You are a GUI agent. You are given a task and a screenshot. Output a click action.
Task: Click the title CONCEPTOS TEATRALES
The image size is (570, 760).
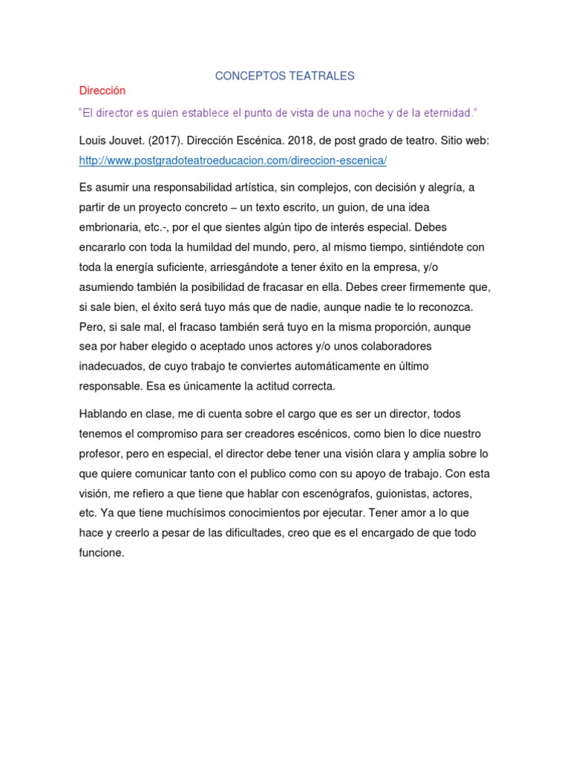click(x=285, y=76)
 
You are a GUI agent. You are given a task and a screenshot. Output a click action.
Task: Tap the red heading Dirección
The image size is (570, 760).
click(x=102, y=91)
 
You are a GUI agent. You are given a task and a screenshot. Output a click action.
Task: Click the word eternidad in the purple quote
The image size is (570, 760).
click(x=445, y=113)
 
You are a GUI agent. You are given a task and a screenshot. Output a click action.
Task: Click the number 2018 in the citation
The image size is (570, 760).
click(x=286, y=140)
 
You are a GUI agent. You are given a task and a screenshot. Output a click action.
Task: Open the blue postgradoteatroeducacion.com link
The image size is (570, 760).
click(x=233, y=160)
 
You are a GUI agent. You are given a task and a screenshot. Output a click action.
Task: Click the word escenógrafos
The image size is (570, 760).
click(x=281, y=494)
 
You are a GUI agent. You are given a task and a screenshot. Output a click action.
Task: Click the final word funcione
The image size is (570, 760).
click(x=102, y=554)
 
